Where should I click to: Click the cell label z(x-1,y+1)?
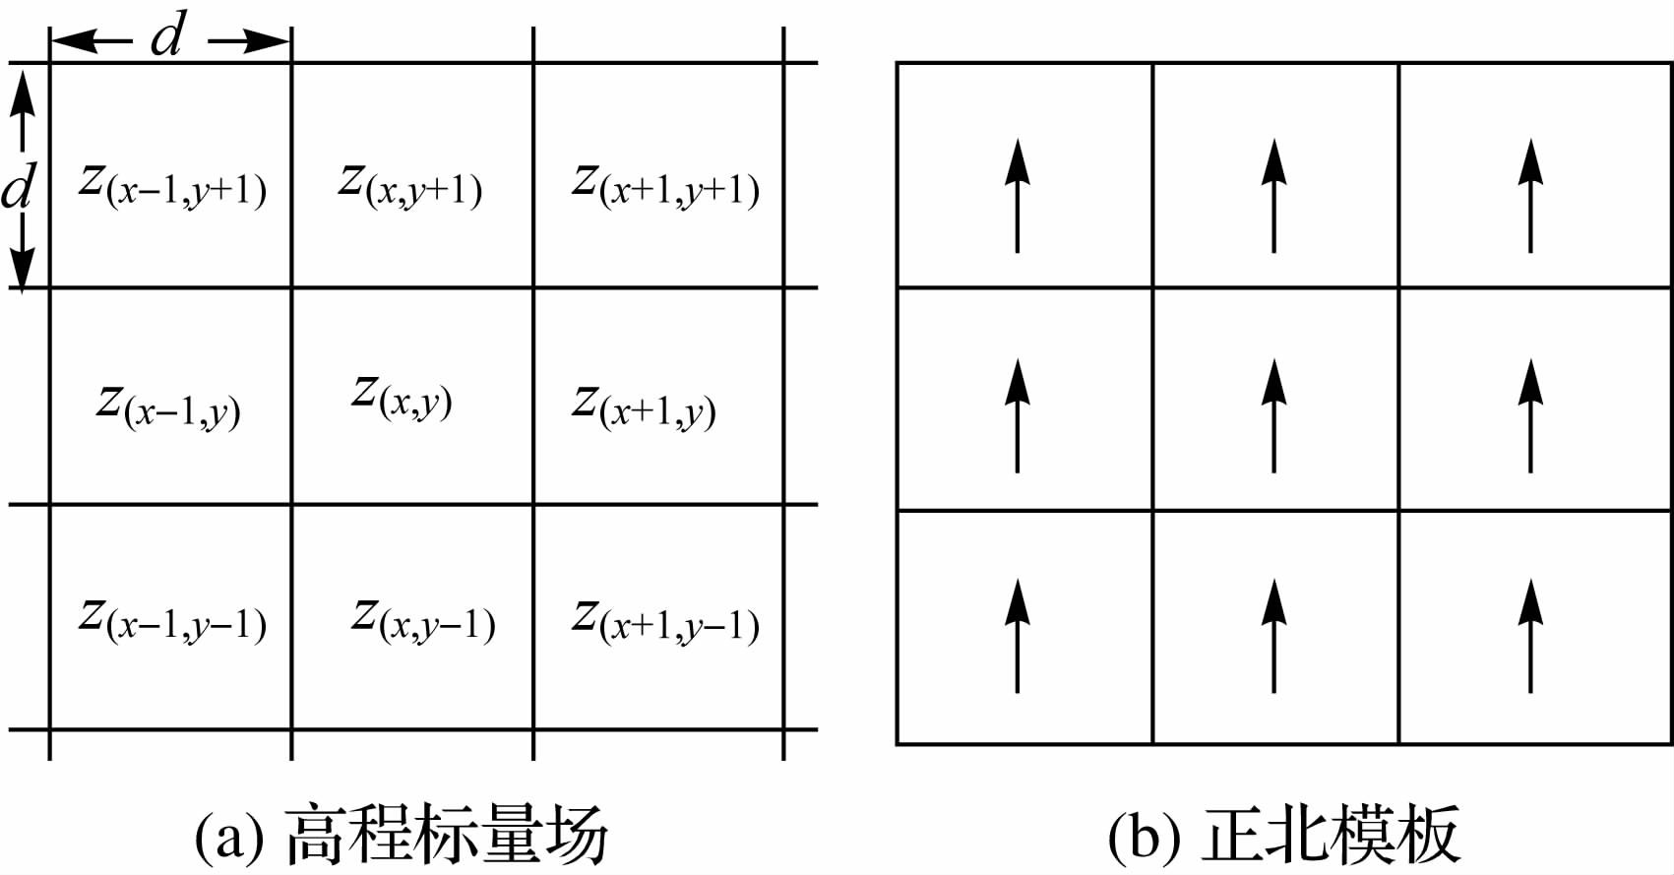point(172,185)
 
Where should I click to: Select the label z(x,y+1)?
point(409,185)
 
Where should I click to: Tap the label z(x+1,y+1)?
point(665,185)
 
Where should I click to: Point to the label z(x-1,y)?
point(168,406)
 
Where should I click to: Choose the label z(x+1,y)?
point(644,406)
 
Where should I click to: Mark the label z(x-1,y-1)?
point(172,620)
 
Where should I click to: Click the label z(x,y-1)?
point(423,620)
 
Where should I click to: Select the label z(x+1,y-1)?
point(665,620)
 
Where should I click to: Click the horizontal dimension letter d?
point(168,37)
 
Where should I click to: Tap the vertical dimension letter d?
point(18,187)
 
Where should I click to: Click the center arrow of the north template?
point(1274,415)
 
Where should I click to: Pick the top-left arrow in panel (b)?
point(1018,196)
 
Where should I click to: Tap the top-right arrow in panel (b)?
point(1530,196)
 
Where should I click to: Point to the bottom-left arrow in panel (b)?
point(1018,636)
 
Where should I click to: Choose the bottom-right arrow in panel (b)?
point(1530,636)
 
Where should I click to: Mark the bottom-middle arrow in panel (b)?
point(1274,636)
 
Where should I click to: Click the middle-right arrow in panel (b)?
point(1530,415)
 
